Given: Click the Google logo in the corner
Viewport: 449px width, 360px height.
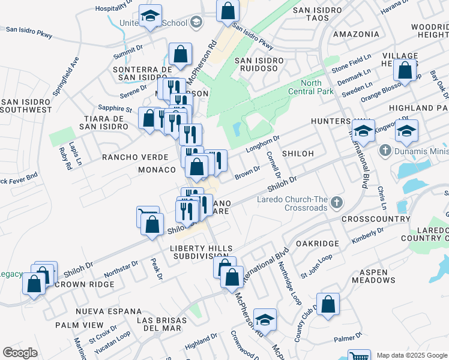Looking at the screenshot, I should click(20, 353).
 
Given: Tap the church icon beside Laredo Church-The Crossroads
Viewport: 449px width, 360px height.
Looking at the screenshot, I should click(337, 203).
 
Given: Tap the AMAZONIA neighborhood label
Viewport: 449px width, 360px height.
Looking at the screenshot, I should click(356, 34).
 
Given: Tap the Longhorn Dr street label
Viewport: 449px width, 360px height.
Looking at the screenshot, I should click(263, 145).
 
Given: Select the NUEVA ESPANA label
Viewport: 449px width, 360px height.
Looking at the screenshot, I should click(109, 312).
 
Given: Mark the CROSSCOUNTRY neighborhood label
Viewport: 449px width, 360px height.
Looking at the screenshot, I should click(370, 220).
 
